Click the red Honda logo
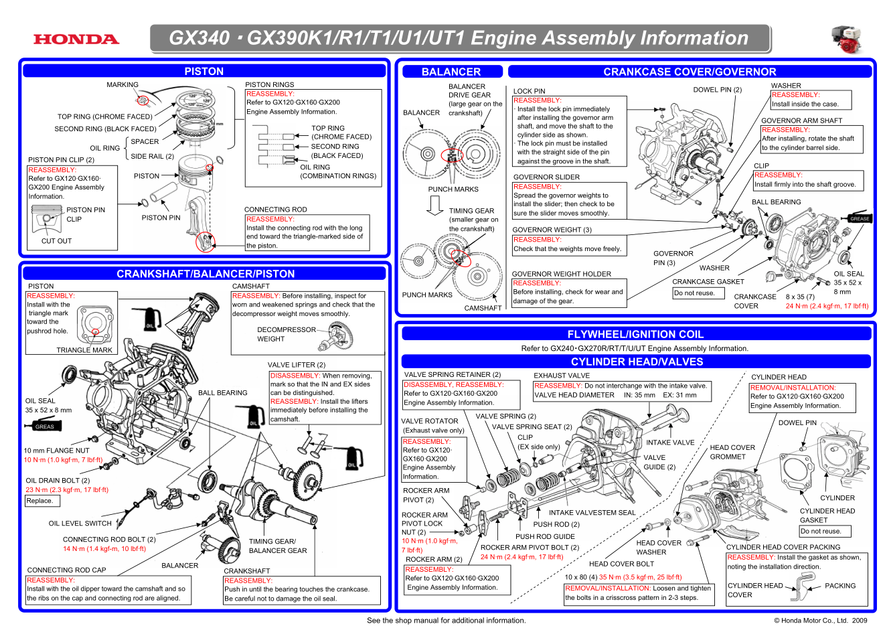pyautogui.click(x=76, y=40)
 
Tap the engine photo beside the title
pyautogui.click(x=846, y=40)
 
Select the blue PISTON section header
pyautogui.click(x=204, y=71)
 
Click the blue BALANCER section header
pyautogui.click(x=451, y=72)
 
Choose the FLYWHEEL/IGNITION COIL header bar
pyautogui.click(x=635, y=334)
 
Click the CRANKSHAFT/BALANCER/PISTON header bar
pyautogui.click(x=205, y=273)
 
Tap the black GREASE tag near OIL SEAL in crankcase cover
pyautogui.click(x=860, y=218)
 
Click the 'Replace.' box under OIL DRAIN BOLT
pyautogui.click(x=39, y=501)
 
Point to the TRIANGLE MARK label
pyautogui.click(x=84, y=350)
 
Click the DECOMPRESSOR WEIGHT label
pyautogui.click(x=286, y=334)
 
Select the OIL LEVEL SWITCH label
pyautogui.click(x=80, y=524)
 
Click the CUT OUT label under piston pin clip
pyautogui.click(x=56, y=241)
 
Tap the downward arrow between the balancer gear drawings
pyautogui.click(x=435, y=206)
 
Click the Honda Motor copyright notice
pyautogui.click(x=820, y=621)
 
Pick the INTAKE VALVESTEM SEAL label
pyautogui.click(x=592, y=513)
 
